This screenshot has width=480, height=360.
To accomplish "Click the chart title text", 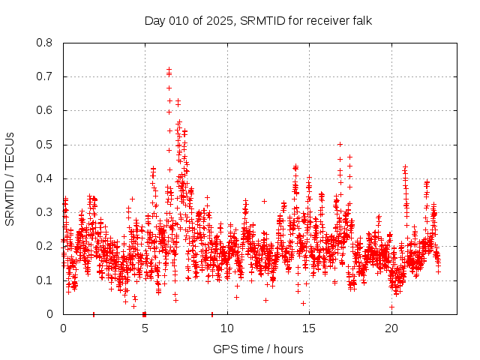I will tap(258, 20).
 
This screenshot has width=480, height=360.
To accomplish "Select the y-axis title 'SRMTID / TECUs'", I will tap(10, 178).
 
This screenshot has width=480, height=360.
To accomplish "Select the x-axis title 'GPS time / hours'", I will tap(258, 349).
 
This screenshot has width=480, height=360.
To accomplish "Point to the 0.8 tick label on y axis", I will tap(46, 43).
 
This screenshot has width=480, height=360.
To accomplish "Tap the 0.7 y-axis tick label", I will tap(46, 76).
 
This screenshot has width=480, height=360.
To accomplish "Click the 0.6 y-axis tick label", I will tap(46, 110).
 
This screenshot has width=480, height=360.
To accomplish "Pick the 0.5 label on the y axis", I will tap(46, 145).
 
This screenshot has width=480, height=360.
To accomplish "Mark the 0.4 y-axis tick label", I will tap(46, 178).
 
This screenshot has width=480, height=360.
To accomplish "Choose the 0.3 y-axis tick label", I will tap(46, 212).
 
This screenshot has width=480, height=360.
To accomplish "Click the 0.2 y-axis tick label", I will tap(46, 246).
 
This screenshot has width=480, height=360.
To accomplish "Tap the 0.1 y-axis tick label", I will tap(46, 280).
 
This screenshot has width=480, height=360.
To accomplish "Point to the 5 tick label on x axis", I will tap(145, 328).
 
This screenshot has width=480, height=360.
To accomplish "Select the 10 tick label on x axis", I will tap(227, 328).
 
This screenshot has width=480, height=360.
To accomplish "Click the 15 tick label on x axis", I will tap(310, 328).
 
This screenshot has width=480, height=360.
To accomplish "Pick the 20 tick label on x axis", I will tap(391, 328).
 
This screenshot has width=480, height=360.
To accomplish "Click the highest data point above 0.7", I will tap(169, 70).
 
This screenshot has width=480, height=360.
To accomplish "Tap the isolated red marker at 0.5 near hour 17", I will tap(340, 144).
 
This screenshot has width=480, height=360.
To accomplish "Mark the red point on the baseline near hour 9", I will tap(212, 313).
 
